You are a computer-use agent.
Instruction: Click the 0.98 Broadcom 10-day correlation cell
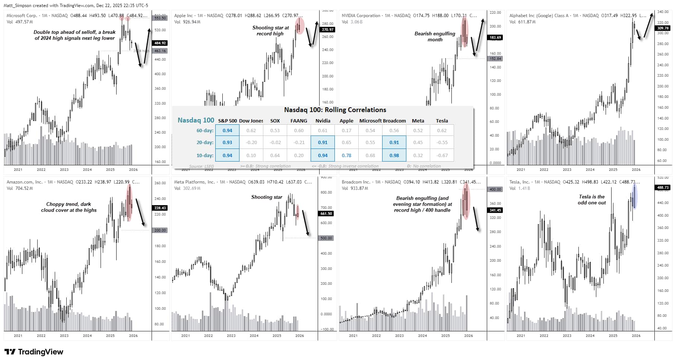coord(394,155)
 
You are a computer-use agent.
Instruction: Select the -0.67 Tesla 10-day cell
coord(442,155)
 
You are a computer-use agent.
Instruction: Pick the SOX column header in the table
coord(275,121)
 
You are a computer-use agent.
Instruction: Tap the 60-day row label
coord(205,130)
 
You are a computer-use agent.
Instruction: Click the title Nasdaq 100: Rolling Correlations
coord(335,110)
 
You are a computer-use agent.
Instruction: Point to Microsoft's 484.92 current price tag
coord(160,43)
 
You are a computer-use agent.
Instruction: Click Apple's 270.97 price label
coord(327,29)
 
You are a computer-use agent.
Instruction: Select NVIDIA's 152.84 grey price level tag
coord(495,59)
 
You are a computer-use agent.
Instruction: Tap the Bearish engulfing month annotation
coord(435,36)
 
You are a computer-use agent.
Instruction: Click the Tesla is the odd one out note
coord(591,200)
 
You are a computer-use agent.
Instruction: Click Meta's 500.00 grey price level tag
coord(326,238)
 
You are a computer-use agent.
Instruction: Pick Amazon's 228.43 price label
coord(160,208)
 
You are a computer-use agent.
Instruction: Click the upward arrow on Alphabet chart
coord(648,25)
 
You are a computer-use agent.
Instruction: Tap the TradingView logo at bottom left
coord(34,352)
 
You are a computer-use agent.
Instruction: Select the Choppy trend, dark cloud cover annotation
coord(69,207)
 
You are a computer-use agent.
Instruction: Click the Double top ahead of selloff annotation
coord(74,35)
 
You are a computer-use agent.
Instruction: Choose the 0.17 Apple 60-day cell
coord(346,130)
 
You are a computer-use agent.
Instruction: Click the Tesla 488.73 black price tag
coord(663,188)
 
